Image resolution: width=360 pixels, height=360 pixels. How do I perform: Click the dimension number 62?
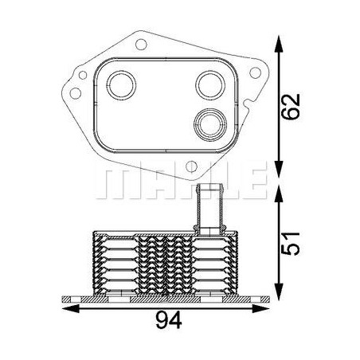pos(291,107)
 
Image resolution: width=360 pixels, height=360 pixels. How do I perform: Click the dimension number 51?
pos(291,244)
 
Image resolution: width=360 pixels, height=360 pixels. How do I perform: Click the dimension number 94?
pos(169,320)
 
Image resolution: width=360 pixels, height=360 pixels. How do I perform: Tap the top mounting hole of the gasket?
pos(141,45)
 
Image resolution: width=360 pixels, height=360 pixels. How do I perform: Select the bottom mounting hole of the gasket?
pos(191,166)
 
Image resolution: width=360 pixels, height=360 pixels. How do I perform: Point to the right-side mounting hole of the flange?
pos(255,72)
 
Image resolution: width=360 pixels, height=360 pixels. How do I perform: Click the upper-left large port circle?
pos(121,85)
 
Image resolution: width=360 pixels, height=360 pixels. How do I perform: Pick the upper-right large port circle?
pos(210,85)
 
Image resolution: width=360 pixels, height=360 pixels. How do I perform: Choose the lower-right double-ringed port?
pos(210,124)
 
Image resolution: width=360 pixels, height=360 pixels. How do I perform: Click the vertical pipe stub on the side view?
pos(209,209)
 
